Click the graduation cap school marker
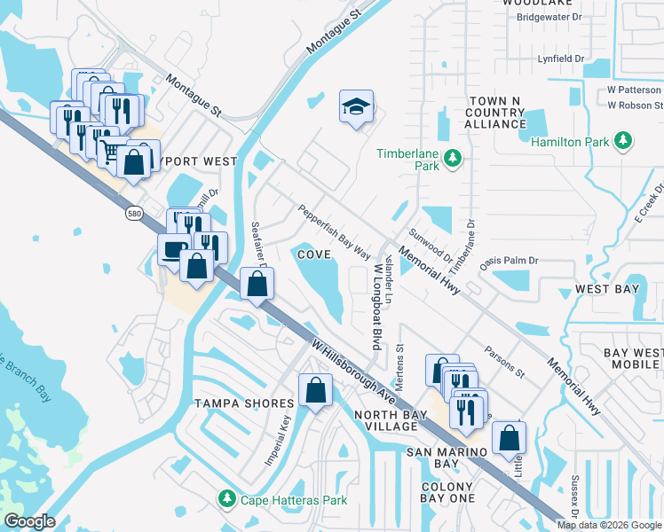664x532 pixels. [356, 108]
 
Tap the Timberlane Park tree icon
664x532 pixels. [454, 158]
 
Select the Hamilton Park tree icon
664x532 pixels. [624, 141]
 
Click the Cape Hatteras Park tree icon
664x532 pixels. [227, 500]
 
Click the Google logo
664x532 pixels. [29, 521]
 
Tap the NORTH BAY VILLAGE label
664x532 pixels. [385, 420]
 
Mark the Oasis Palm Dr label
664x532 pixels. [510, 261]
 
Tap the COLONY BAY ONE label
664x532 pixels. [447, 493]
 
